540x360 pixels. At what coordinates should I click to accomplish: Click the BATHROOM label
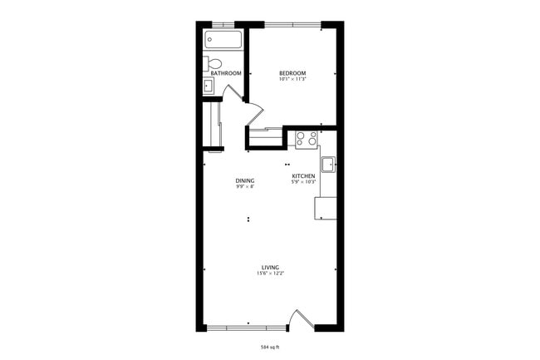pos(225,73)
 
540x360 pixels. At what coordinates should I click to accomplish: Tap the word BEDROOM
pos(292,73)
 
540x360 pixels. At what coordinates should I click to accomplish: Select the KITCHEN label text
pos(302,175)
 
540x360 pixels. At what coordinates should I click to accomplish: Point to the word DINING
pos(244,180)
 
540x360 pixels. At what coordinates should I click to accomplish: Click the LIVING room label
pos(270,267)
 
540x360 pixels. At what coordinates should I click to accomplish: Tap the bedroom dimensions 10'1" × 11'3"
pos(292,79)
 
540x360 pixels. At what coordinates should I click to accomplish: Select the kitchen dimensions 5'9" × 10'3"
pos(302,181)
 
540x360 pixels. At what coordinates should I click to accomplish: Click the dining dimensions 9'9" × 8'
pos(244,186)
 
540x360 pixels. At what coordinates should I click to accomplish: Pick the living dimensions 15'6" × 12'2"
pos(270,273)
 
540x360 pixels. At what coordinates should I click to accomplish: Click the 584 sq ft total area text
pos(270,346)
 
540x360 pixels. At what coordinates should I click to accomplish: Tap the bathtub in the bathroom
pos(223,39)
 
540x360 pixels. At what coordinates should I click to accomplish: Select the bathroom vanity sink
pos(209,84)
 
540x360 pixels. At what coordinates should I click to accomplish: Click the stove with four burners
pos(306,137)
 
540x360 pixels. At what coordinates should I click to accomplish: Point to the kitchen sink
pos(327,163)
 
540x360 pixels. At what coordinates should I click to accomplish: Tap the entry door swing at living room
pos(298,319)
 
